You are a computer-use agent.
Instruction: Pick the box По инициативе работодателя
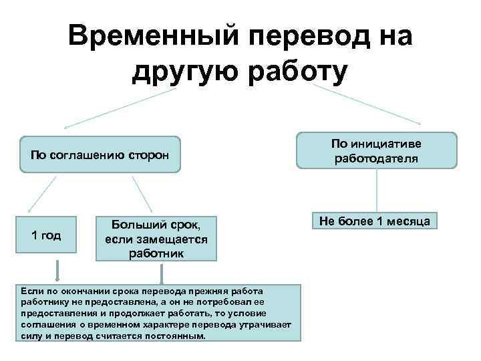[376, 150]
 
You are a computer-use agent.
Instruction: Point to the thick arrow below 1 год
[58, 270]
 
